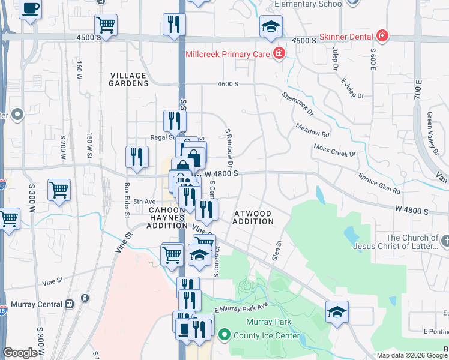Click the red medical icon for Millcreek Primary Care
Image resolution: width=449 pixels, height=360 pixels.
(x=279, y=55)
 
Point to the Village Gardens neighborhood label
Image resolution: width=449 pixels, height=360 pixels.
(x=129, y=79)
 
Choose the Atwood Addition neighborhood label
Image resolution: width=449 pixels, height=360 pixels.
(x=253, y=217)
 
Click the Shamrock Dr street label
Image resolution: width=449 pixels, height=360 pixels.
(x=298, y=103)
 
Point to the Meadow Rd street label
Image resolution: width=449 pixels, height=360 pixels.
(x=312, y=130)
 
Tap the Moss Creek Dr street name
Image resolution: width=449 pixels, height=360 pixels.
(x=334, y=149)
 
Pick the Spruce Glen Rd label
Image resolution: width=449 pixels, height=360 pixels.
(x=379, y=184)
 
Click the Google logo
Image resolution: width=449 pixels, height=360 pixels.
(x=20, y=353)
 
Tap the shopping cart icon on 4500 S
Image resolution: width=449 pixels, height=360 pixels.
(x=106, y=25)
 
